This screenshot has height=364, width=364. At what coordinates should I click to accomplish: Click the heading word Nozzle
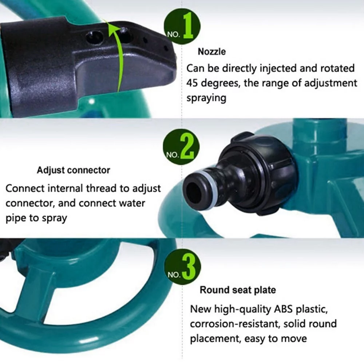pos(212,52)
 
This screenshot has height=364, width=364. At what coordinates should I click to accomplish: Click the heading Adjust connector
pos(73,170)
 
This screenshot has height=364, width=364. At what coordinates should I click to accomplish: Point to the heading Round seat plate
pos(237,290)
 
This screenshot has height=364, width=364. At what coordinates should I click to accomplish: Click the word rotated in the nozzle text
pos(337,68)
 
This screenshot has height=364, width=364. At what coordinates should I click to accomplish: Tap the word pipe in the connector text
pos(16,218)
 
